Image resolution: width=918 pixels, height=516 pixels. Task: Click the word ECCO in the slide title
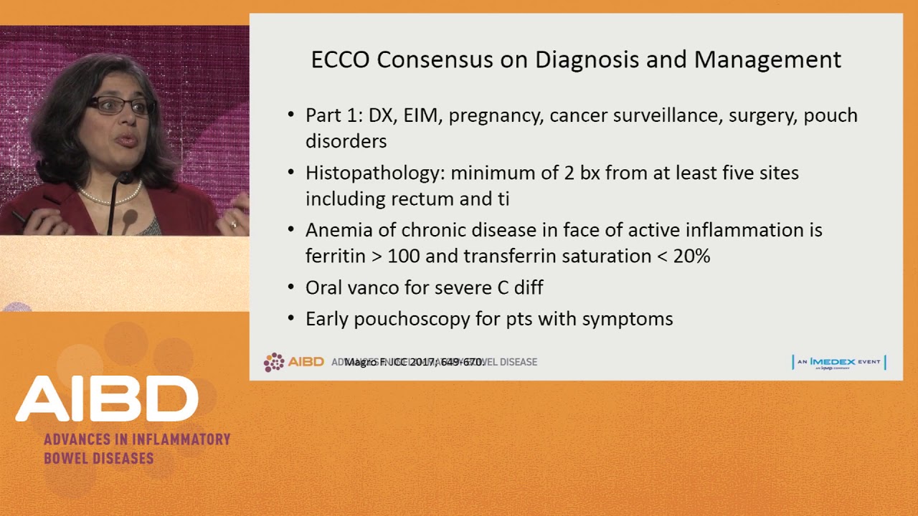[340, 59]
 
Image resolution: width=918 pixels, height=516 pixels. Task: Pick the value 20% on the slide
[691, 256]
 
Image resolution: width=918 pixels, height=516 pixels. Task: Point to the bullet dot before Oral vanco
[290, 287]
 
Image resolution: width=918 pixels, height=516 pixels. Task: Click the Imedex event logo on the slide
[838, 362]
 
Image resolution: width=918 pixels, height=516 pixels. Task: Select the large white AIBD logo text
[108, 398]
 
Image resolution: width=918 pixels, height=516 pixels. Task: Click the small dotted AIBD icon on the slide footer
[274, 362]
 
